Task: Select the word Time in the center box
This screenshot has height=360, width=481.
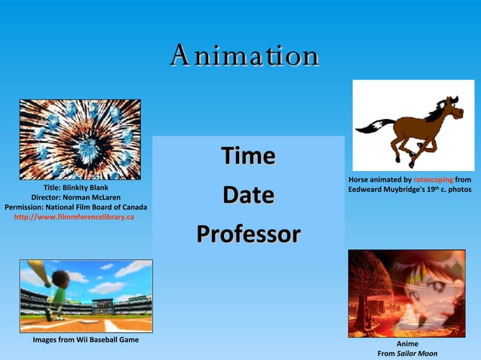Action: [x=247, y=156]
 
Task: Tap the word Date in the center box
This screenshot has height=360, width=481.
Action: [x=247, y=195]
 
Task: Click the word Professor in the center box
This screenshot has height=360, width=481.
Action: [x=247, y=233]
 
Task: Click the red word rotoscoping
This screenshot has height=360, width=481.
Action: [x=434, y=180]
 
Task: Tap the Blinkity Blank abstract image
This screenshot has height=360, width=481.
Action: [x=80, y=139]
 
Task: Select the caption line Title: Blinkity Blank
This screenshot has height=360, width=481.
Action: [x=75, y=188]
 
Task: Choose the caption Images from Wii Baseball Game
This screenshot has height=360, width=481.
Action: [x=85, y=340]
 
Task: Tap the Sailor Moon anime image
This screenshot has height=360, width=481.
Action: [x=406, y=293]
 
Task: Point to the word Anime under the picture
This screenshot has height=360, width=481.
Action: [x=407, y=343]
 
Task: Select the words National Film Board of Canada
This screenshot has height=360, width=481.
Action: [x=100, y=207]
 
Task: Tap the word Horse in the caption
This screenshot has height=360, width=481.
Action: [x=360, y=180]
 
